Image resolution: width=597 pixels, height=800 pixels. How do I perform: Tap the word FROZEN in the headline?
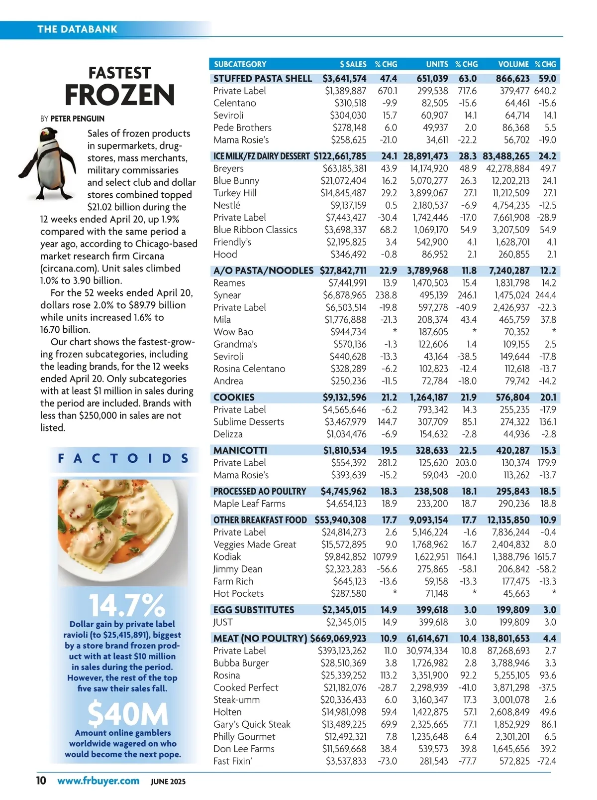120,95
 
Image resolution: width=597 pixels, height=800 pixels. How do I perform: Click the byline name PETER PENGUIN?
78,119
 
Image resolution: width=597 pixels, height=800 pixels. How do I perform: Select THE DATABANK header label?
77,29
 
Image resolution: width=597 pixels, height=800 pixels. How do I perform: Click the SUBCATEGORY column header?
240,64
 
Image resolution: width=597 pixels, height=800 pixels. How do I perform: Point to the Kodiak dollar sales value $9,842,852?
345,556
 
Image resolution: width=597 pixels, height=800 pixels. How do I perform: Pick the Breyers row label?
228,168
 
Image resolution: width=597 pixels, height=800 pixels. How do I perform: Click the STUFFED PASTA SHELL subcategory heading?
263,78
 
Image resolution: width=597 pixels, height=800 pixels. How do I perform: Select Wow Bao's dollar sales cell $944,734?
348,332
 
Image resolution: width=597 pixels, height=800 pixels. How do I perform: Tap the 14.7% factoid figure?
127,606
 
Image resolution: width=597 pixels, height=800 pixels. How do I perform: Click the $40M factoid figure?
128,714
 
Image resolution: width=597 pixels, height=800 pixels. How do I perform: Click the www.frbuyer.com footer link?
98,781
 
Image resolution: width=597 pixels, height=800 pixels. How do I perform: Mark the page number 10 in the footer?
41,780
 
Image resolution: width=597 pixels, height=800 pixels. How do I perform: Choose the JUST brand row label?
223,622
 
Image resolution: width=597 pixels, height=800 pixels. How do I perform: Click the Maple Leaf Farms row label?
249,504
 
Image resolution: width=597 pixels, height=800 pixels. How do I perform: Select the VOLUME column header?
513,64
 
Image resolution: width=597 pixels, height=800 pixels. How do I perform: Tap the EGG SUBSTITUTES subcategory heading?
254,610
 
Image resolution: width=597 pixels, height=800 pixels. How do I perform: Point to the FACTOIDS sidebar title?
123,458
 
